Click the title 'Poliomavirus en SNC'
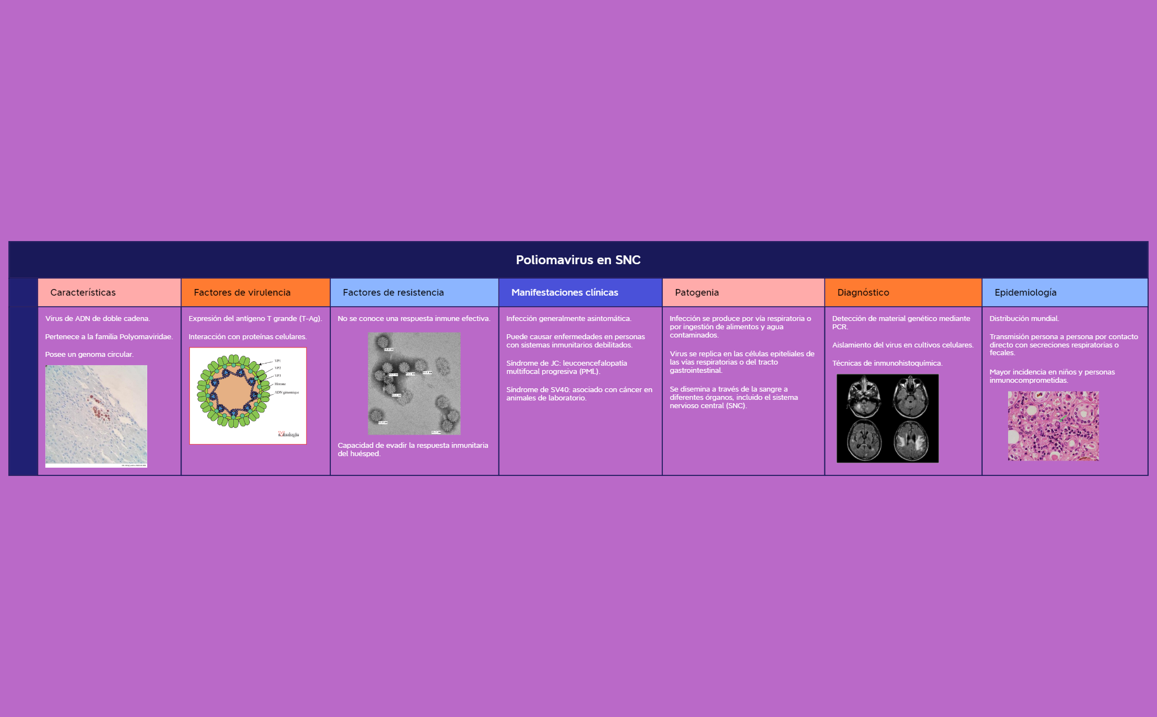(578, 260)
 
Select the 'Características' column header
(83, 292)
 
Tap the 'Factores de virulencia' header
(242, 292)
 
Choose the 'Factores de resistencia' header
(393, 292)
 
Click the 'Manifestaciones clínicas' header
(565, 292)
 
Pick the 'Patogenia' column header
(697, 292)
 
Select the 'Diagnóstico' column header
(863, 292)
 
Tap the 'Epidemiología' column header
(1025, 292)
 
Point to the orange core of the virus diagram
(233, 393)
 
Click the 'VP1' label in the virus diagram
(277, 361)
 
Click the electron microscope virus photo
(414, 383)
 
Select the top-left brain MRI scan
(864, 397)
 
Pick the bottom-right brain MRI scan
(911, 440)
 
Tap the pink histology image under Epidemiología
(1053, 426)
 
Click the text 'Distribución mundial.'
(1024, 319)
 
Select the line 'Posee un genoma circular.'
(89, 355)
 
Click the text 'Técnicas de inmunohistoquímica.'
(887, 363)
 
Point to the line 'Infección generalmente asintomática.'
(569, 319)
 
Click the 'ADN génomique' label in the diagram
(287, 393)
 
